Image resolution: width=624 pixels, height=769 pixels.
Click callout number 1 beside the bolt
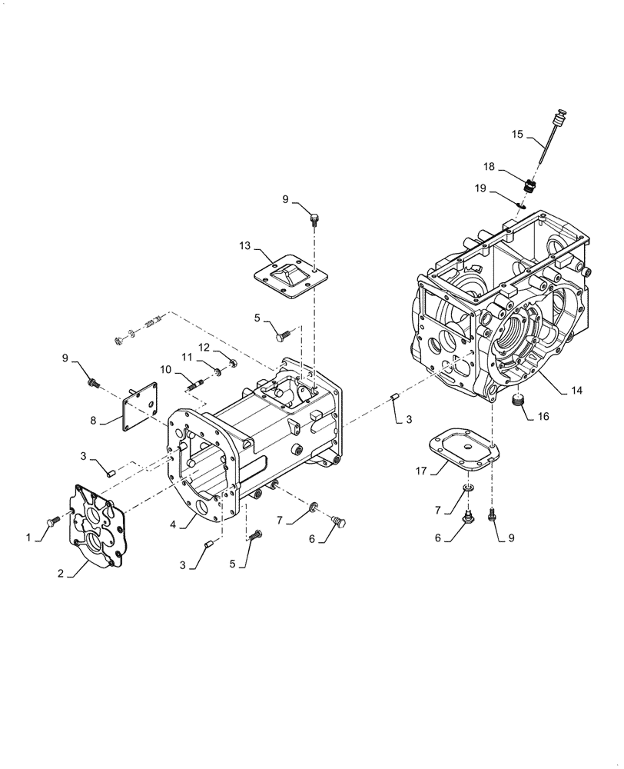(30, 538)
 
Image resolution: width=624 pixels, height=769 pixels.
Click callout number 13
(245, 245)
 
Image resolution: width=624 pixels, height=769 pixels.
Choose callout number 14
(576, 391)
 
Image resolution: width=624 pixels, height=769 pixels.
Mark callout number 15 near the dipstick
(517, 134)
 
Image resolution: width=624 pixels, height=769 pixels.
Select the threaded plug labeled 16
(519, 400)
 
